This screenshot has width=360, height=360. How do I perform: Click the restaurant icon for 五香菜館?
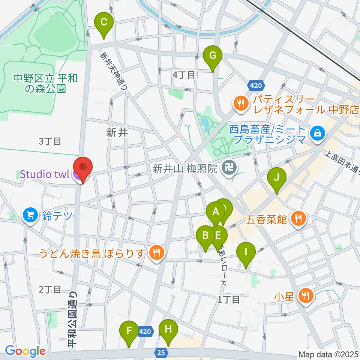click(x=298, y=218)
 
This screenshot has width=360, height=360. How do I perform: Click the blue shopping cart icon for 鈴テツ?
click(x=30, y=216)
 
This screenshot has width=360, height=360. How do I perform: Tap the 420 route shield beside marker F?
click(x=146, y=331)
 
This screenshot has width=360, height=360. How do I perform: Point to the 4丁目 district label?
click(x=184, y=75)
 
